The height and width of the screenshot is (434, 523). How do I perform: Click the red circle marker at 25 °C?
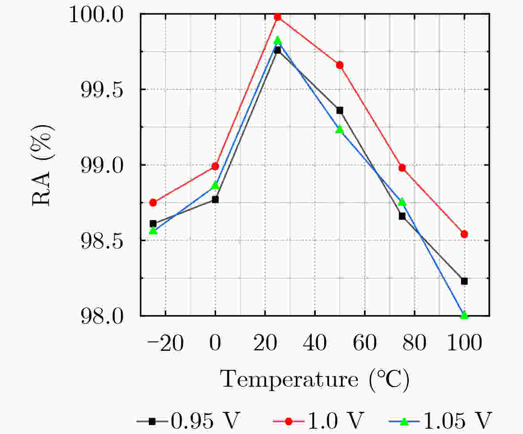click(x=278, y=17)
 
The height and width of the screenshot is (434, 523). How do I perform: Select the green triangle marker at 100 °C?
click(x=464, y=315)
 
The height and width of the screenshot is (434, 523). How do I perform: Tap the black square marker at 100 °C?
click(x=464, y=281)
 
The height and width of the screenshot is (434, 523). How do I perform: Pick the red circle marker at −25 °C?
click(x=153, y=203)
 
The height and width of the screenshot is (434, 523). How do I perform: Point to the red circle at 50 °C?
click(x=340, y=65)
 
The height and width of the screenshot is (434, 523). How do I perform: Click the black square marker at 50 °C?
click(x=340, y=110)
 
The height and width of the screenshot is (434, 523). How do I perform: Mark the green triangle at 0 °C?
click(x=215, y=185)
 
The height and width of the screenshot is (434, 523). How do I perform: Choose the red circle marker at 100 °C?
click(x=464, y=234)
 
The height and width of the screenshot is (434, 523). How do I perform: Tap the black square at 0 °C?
click(x=215, y=200)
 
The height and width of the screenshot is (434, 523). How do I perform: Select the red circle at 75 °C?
click(x=402, y=168)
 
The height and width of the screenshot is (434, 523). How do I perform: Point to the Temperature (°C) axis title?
click(x=314, y=380)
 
